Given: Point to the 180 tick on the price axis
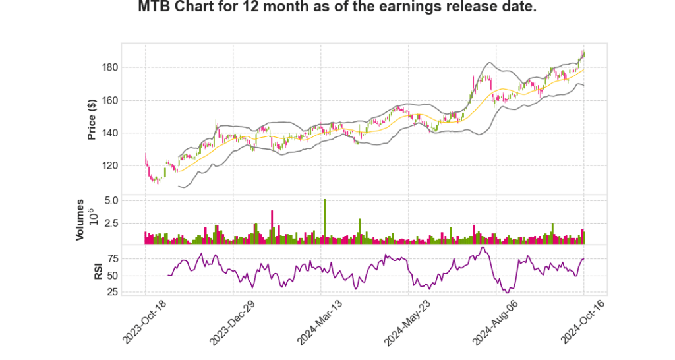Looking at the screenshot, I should click(x=109, y=67).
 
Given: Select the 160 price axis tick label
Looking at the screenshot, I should click(x=109, y=101).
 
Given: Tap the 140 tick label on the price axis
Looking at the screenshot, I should click(x=109, y=133).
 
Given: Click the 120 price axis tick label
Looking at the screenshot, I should click(x=109, y=165).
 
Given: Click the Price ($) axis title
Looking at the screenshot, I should click(x=92, y=119).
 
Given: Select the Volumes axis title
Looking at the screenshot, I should click(x=80, y=220).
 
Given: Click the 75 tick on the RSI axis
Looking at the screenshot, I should click(x=112, y=258).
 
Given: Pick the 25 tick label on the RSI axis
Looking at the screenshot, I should click(x=112, y=292).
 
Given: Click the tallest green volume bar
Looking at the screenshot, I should click(x=324, y=222).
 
